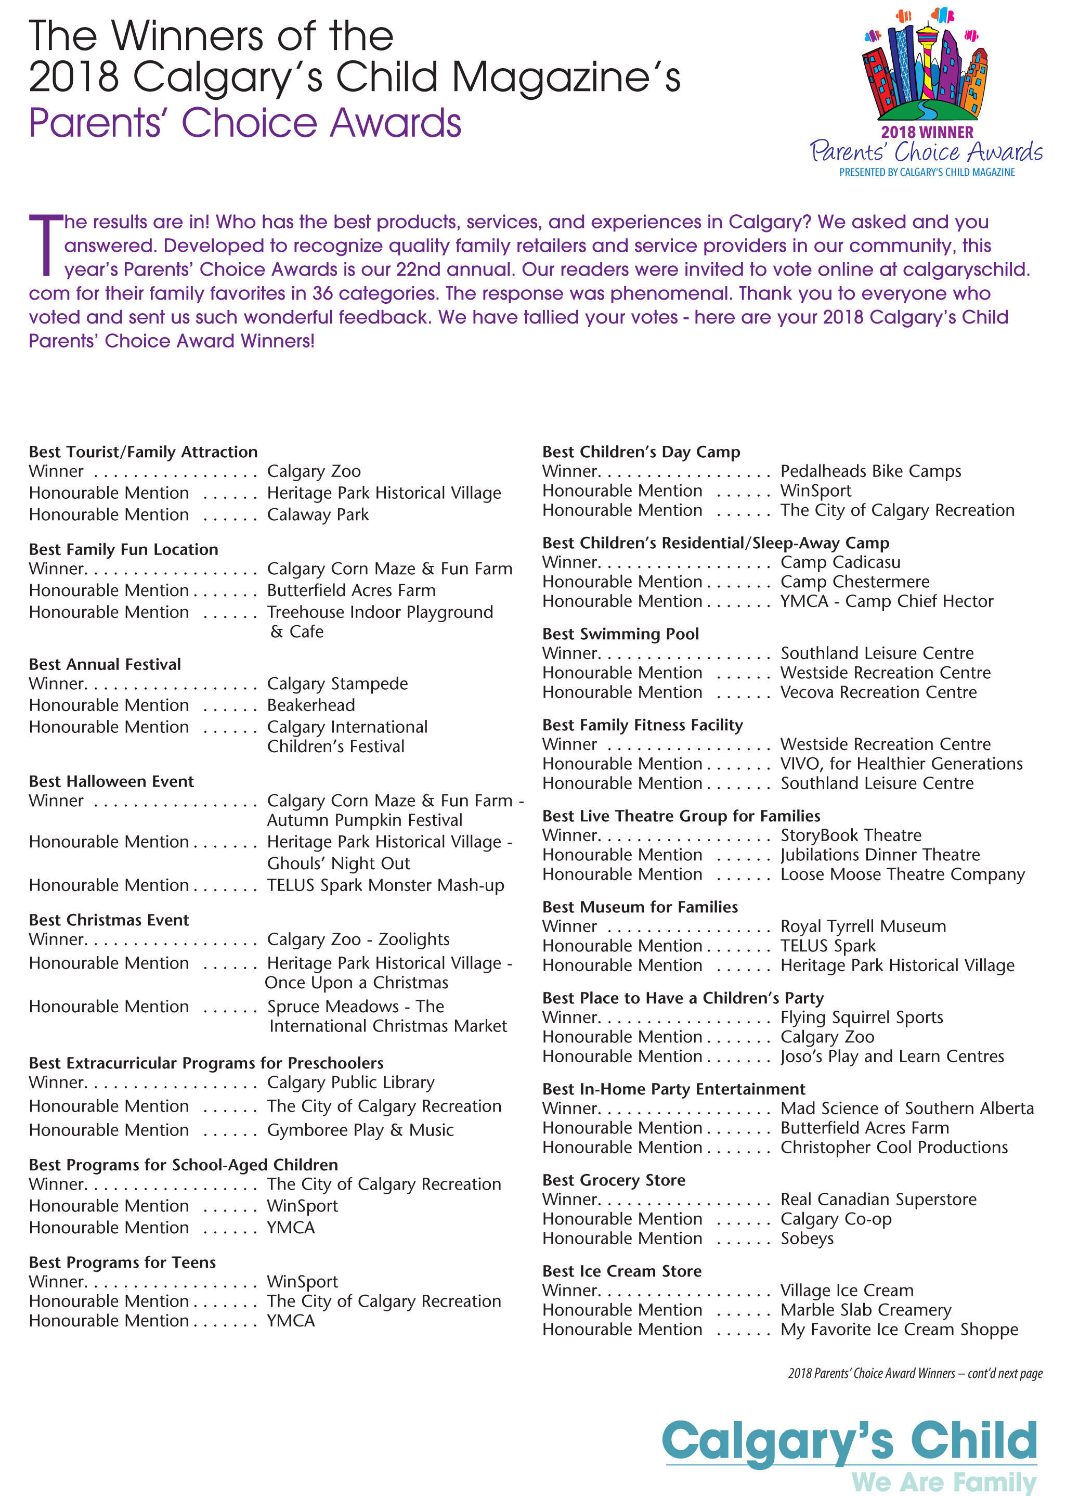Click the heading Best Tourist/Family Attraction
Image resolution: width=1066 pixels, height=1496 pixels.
pos(143,452)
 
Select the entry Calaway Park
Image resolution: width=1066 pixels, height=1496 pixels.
pos(318,514)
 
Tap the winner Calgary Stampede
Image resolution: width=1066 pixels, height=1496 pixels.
pos(337,683)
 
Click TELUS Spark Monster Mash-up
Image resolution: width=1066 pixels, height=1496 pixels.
pos(385,885)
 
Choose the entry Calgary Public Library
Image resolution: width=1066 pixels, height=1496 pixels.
pos(350,1082)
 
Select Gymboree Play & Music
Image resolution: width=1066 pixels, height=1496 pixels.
pos(360,1130)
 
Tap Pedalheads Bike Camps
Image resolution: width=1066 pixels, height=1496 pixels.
pos(870,471)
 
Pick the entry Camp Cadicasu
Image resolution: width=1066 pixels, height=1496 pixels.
pos(840,562)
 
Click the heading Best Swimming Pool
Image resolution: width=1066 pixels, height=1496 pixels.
pos(620,634)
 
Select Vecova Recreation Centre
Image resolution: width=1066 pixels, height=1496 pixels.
pos(878,692)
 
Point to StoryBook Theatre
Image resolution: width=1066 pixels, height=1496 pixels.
pos(851,835)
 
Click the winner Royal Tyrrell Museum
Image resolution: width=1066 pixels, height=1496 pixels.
pos(863,926)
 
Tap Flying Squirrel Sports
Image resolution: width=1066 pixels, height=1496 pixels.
pos(861,1017)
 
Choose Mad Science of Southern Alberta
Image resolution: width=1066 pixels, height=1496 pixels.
pos(906,1108)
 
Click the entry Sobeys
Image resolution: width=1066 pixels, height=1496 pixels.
pos(807,1238)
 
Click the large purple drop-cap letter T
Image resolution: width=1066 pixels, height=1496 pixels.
pos(45,245)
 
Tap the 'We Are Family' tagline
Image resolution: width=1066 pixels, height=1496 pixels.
pos(943,1481)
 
